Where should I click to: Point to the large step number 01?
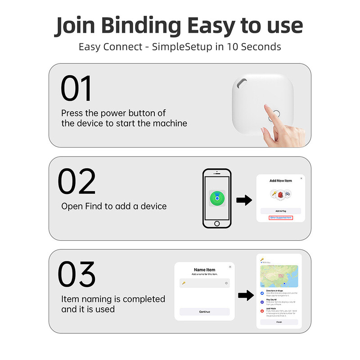pyautogui.click(x=76, y=89)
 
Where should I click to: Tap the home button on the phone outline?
pyautogui.click(x=217, y=224)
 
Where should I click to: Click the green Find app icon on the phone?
pyautogui.click(x=217, y=198)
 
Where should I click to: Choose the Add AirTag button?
pyautogui.click(x=281, y=211)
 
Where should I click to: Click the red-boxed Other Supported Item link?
pyautogui.click(x=281, y=218)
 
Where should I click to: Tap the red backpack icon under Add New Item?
pyautogui.click(x=281, y=194)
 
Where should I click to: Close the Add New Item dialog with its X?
pyautogui.click(x=301, y=179)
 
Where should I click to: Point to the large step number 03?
pyautogui.click(x=77, y=274)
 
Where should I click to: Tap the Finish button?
pyautogui.click(x=279, y=322)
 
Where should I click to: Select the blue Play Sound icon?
pyautogui.click(x=262, y=302)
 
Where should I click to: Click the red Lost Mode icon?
pyautogui.click(x=262, y=311)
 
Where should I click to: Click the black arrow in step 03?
pyautogui.click(x=244, y=296)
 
